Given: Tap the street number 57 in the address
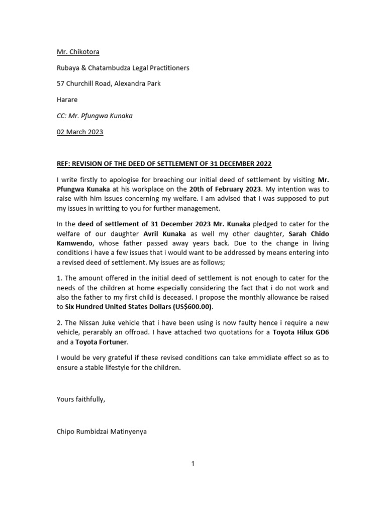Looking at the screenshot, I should pyautogui.click(x=60, y=83).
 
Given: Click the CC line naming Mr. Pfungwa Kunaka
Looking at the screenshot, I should pyautogui.click(x=94, y=116).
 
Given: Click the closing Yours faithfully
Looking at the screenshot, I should pyautogui.click(x=81, y=399).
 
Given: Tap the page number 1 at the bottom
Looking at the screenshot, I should pyautogui.click(x=192, y=464).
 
